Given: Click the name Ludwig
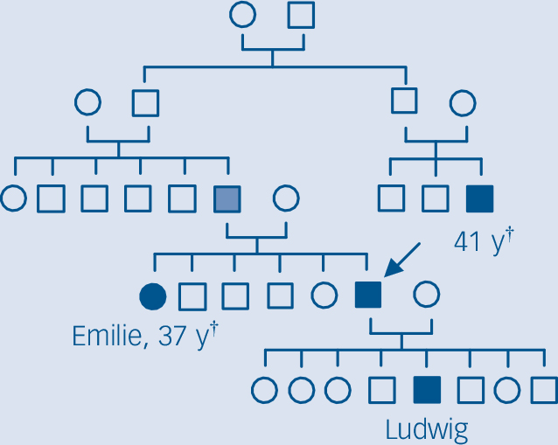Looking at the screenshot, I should point(426,429).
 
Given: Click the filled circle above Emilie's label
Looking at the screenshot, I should point(152,296).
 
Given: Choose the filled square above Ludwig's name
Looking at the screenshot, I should point(426,389).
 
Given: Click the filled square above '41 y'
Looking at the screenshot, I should point(480,198).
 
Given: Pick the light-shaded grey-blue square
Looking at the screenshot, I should point(227,198).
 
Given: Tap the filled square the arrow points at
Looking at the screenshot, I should point(368,296).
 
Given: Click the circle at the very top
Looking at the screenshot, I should point(243,15).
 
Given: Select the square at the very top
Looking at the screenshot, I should point(301,15).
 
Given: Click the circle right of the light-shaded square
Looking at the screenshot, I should point(286,198).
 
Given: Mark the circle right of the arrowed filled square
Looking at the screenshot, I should point(426,296).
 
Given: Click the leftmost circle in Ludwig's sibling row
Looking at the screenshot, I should point(264,389).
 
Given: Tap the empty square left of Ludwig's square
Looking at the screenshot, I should point(381,389).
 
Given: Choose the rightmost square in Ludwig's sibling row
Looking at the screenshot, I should point(546,389).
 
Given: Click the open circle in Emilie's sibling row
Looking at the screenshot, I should point(323,296).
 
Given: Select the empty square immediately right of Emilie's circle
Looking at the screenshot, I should point(192,296).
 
